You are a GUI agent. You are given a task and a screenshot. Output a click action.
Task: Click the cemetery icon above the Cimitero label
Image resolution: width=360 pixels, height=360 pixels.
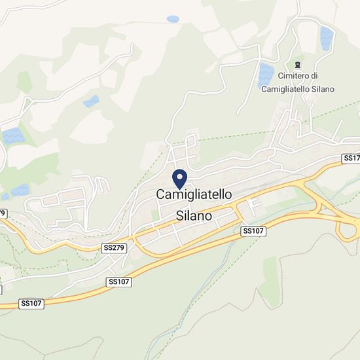pos(298,64)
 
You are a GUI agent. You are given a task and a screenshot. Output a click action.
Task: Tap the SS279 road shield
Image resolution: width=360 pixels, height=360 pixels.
pos(113,249)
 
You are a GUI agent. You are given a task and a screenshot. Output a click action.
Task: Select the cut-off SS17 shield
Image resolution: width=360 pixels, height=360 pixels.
pos(351,159)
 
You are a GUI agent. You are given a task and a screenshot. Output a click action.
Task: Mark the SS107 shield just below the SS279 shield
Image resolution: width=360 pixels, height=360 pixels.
pos(118,281)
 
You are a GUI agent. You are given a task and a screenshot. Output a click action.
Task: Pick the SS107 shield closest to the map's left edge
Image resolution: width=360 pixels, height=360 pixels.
pos(31,304)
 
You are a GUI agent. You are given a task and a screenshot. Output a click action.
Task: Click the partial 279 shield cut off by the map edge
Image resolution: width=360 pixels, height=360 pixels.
pos(3,213)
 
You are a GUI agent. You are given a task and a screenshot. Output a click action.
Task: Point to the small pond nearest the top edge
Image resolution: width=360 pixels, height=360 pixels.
pos(173,19)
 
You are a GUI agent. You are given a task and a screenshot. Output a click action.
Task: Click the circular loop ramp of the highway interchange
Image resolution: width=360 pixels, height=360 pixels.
pos(347,228)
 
